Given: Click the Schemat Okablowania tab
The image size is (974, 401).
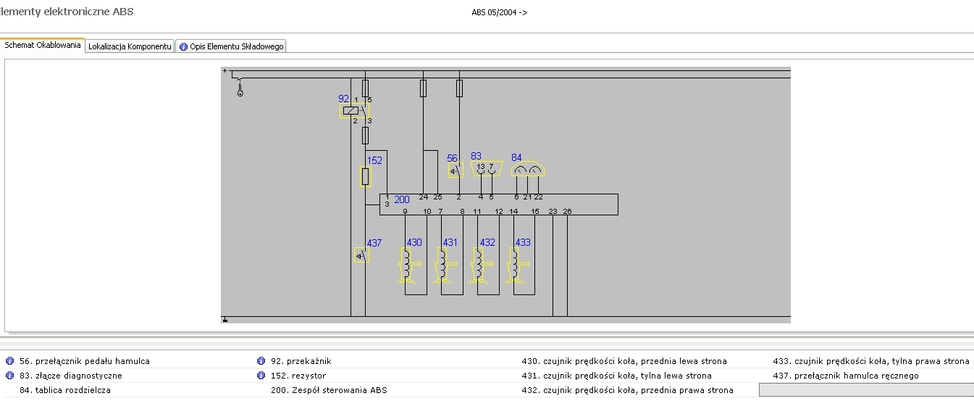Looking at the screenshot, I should pos(43,45).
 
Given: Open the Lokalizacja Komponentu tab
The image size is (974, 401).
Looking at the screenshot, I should pos(130,46).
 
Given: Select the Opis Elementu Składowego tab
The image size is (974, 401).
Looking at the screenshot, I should pos(232,46).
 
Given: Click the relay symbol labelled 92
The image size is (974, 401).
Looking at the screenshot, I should pos(350,111).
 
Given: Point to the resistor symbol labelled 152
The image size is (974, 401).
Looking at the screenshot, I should pos(366,176).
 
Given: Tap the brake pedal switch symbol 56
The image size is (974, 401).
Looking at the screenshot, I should pos(455,170).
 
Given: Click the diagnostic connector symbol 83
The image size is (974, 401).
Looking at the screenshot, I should pos(486,169).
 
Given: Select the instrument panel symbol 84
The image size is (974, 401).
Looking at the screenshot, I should pos(527,170).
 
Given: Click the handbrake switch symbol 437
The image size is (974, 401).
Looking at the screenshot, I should pos(361,255).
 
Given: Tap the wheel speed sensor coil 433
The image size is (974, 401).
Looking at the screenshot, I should pos(517,265).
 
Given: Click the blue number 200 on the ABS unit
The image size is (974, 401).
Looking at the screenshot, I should pos(402,199).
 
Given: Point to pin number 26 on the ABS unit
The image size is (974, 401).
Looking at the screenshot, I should pos(567,211).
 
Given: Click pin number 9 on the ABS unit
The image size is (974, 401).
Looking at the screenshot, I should pos(405,211).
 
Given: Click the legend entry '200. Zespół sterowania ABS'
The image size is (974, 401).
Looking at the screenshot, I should pos(329,390).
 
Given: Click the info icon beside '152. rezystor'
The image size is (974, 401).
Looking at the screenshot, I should pos(261,376).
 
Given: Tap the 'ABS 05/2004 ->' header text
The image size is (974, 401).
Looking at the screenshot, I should pos(499,12).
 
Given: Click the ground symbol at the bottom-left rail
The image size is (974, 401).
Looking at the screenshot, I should pos(225,319).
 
